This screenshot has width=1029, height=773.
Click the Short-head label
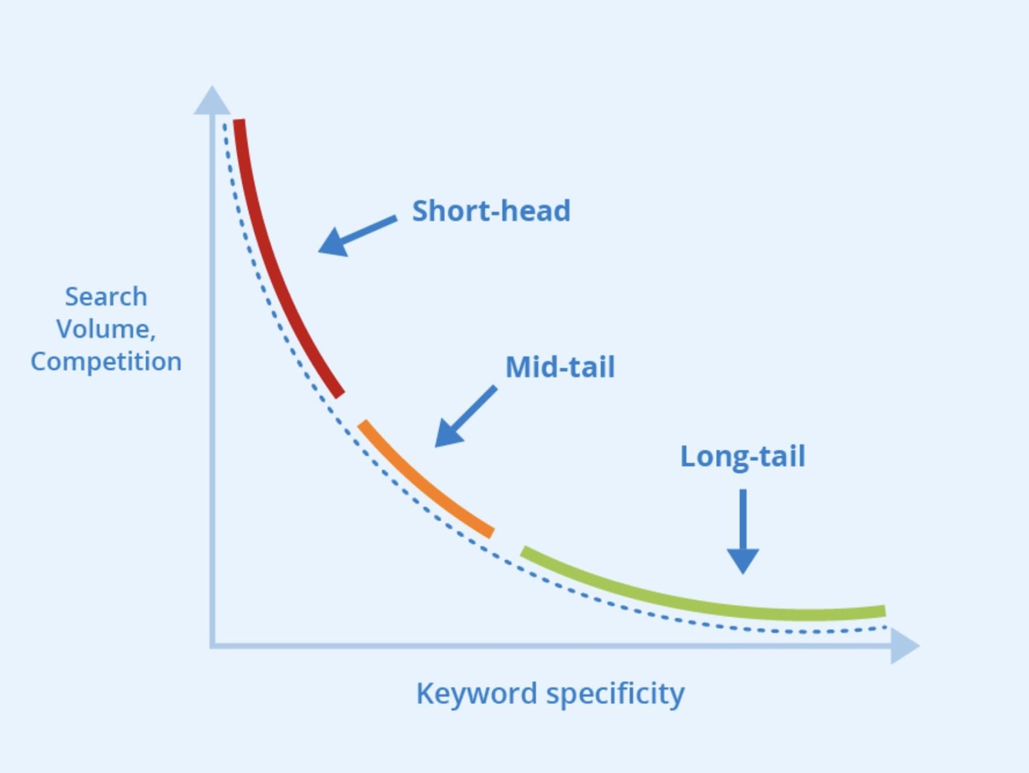(491, 210)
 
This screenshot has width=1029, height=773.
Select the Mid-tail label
(560, 367)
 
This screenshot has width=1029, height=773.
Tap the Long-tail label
(743, 457)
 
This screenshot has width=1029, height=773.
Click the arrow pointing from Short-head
(357, 236)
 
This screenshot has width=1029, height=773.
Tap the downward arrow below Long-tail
(743, 532)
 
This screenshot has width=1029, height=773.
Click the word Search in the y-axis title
(106, 296)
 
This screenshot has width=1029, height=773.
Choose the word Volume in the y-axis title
(104, 329)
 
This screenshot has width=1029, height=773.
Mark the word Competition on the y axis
(106, 362)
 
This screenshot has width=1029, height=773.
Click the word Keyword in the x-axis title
(477, 693)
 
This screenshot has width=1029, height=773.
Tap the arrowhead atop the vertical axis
(212, 100)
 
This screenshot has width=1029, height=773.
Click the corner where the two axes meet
(212, 646)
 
